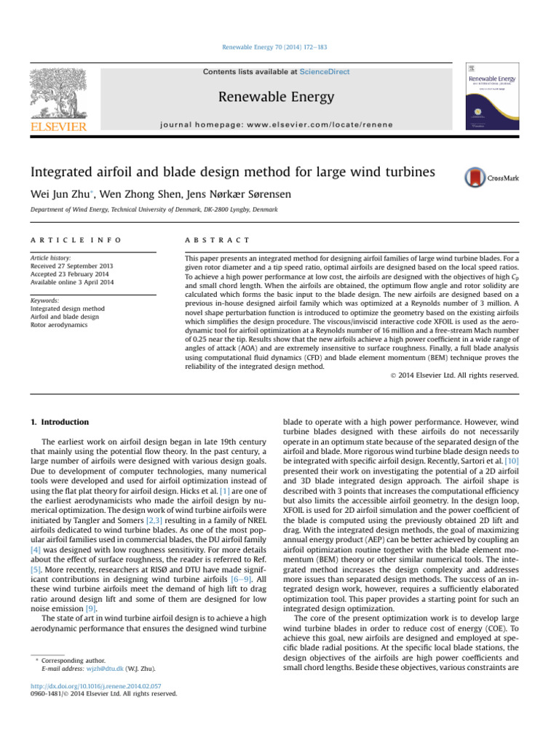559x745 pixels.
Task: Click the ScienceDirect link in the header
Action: (324, 72)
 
